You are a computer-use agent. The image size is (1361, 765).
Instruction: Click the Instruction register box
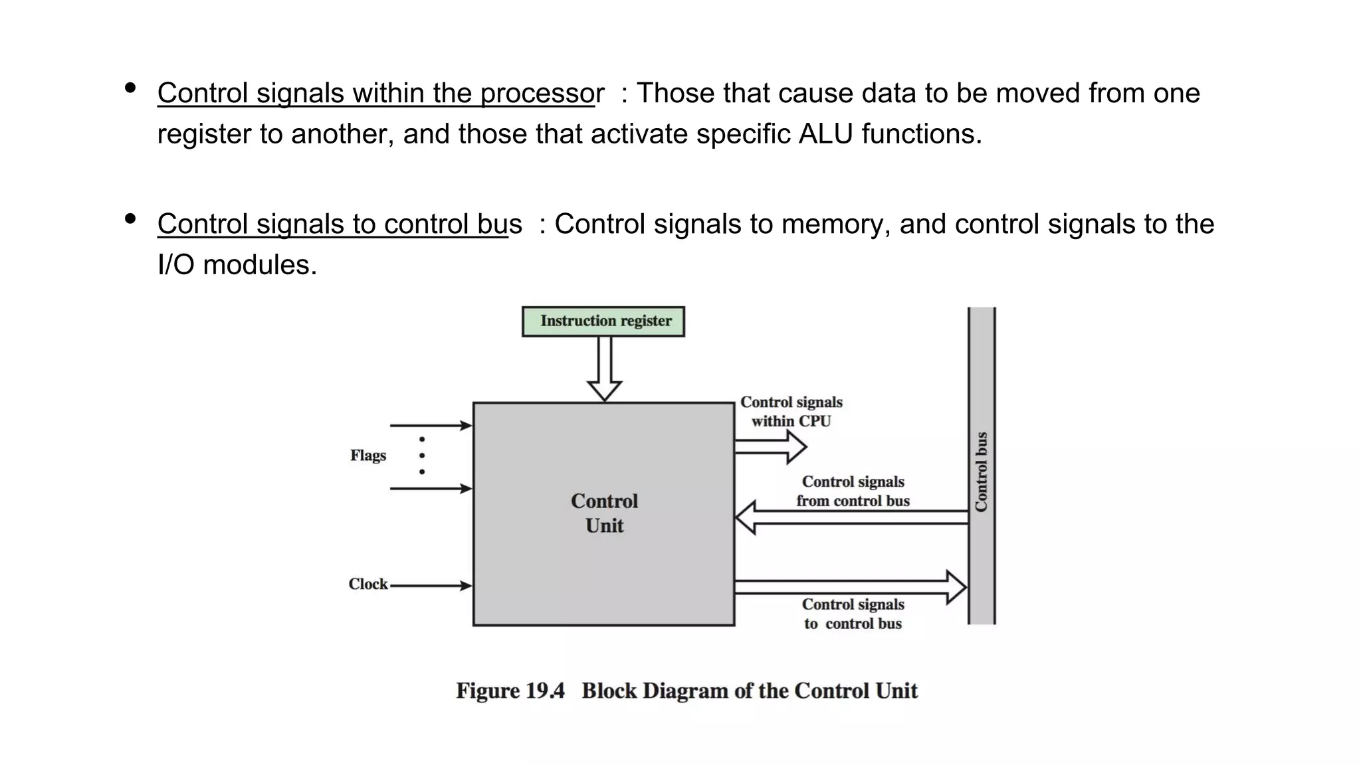pos(603,321)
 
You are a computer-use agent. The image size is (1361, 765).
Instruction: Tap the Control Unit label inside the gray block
pos(604,513)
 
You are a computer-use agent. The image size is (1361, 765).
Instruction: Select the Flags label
pos(368,456)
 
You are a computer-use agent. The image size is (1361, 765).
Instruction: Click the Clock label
pos(368,584)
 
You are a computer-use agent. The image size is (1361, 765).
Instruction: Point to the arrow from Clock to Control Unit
pos(432,586)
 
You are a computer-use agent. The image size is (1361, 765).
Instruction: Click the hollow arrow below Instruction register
pos(605,369)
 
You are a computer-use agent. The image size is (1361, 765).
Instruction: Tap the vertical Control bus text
pos(982,472)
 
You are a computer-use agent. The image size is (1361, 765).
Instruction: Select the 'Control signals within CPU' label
pos(791,412)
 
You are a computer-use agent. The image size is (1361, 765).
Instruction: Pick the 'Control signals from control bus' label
pos(853,491)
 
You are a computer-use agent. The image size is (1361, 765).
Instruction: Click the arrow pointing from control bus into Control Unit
pos(851,518)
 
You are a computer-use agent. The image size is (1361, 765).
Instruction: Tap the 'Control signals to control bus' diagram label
pos(853,614)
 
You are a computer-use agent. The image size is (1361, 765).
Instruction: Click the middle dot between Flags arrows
pos(422,456)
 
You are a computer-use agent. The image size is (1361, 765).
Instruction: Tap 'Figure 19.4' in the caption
pos(510,691)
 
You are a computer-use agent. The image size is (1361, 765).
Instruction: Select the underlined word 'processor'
pos(542,94)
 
